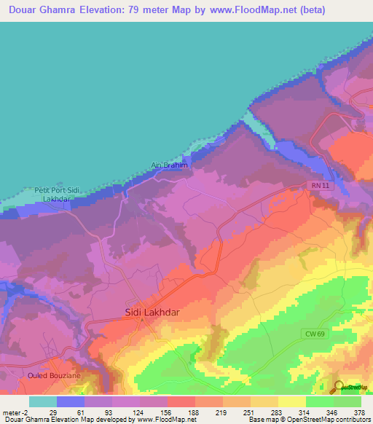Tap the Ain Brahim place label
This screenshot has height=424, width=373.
(169, 165)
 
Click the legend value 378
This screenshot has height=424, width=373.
(359, 413)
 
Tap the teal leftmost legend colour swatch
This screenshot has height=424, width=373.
(43, 401)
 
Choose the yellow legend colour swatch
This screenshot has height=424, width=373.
(291, 401)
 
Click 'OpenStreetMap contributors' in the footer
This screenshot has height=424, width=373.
(331, 420)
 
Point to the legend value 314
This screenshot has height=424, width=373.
(305, 413)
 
